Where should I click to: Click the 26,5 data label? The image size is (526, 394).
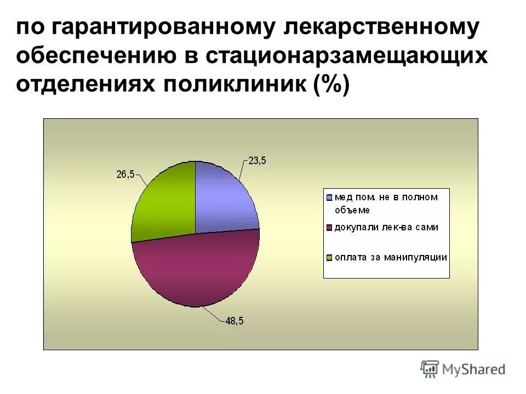click(x=125, y=175)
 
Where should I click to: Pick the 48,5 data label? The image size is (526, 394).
click(x=234, y=321)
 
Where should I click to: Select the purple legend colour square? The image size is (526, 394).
click(x=329, y=227)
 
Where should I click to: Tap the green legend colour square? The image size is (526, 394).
click(x=329, y=257)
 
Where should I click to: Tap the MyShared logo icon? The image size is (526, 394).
click(x=430, y=369)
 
